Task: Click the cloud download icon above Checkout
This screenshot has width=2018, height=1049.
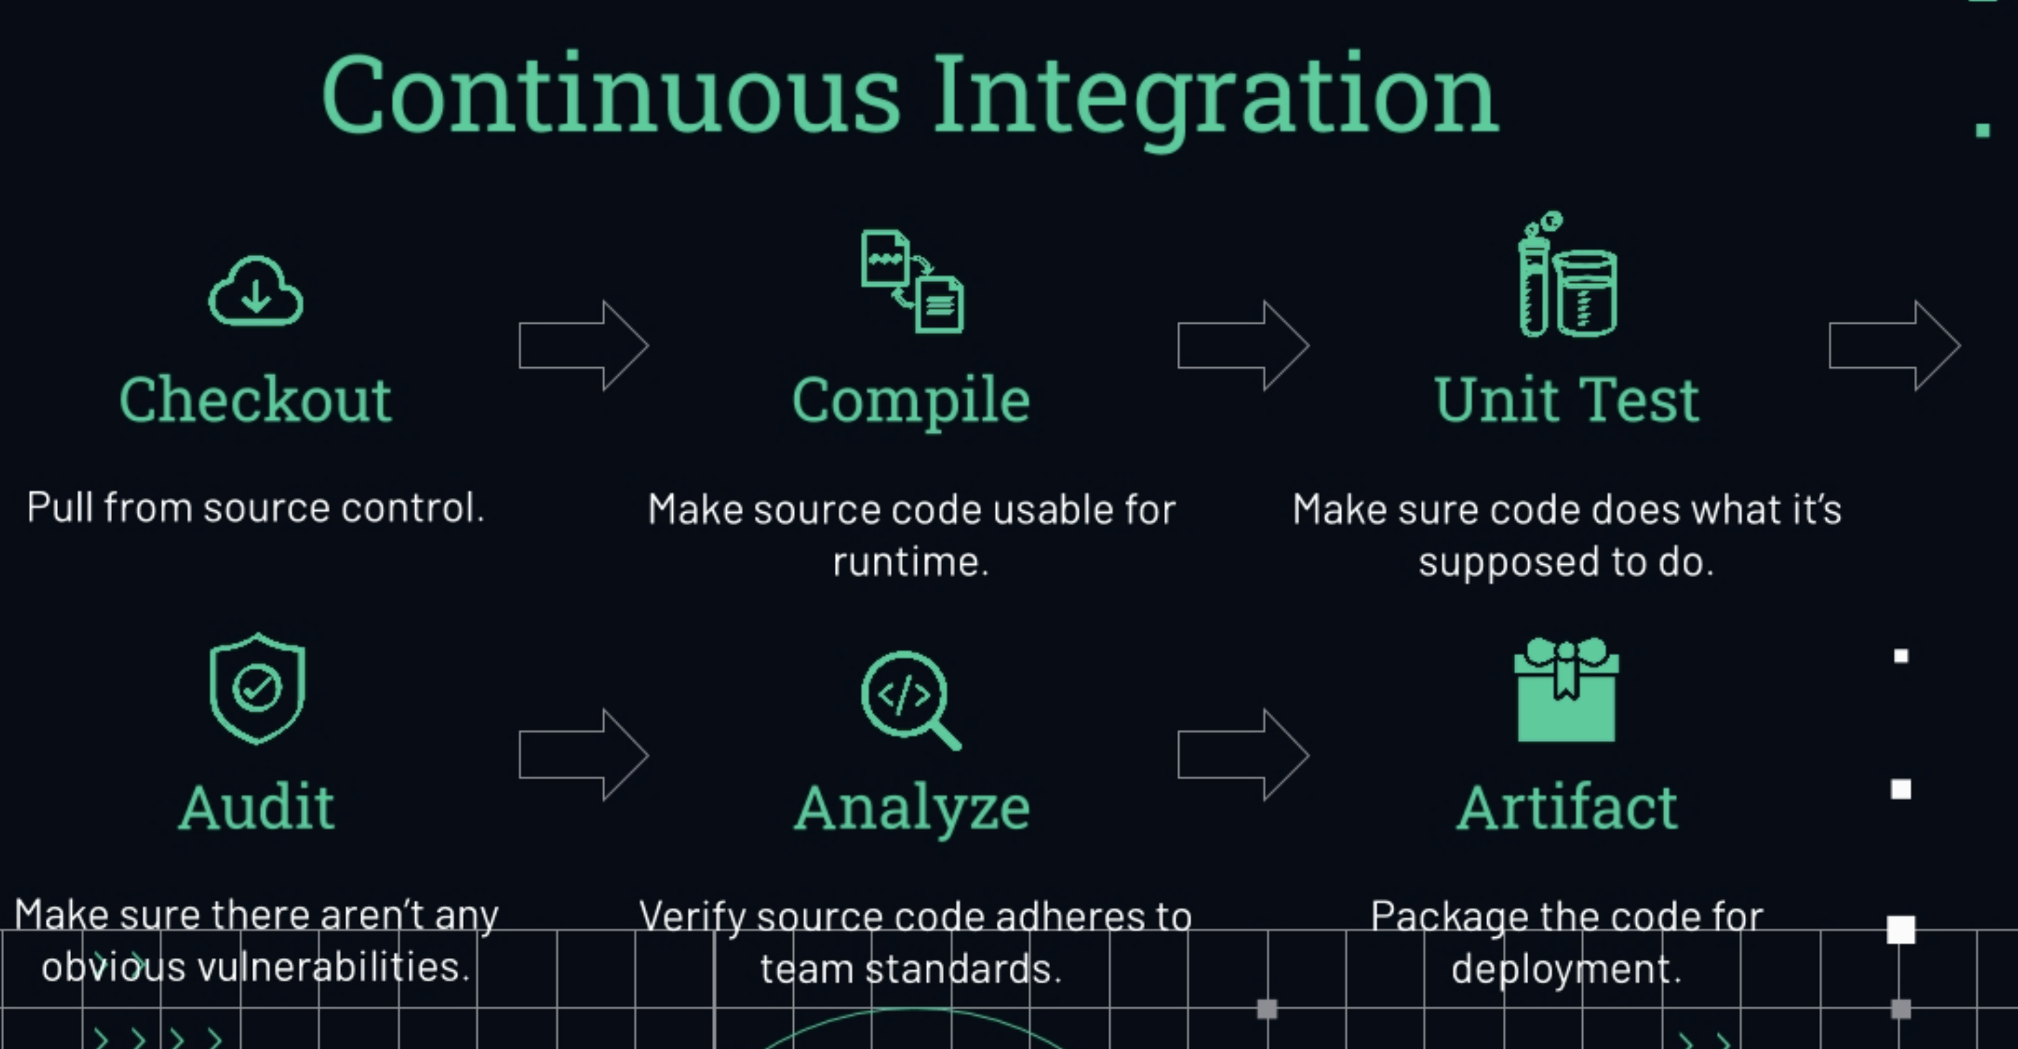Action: click(255, 290)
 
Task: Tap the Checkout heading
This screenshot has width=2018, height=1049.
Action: click(255, 400)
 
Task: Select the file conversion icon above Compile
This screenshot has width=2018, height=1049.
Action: click(913, 281)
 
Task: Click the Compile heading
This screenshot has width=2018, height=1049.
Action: click(911, 401)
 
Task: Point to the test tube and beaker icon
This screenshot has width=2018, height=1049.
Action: click(1568, 274)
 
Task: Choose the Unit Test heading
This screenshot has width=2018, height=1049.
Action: click(1566, 400)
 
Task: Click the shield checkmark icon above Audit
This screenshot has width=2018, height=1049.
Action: click(257, 688)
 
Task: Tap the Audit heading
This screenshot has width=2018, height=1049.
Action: click(257, 807)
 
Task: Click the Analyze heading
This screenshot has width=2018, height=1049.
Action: click(912, 809)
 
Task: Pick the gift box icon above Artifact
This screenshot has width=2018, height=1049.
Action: click(1566, 689)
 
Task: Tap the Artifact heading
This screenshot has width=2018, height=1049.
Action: click(1566, 807)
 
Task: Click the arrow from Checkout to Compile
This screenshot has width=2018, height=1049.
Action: click(583, 346)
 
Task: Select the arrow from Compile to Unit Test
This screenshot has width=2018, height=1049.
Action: click(1243, 346)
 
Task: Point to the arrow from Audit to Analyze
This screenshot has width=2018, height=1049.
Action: click(583, 755)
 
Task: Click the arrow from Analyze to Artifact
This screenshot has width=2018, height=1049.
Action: click(1243, 755)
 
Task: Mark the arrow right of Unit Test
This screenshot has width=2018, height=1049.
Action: click(1895, 346)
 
